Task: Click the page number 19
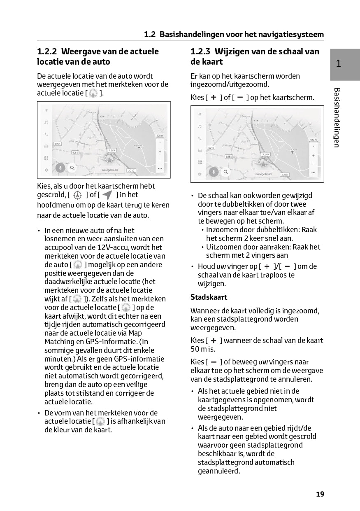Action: coord(320,494)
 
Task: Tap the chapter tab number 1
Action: coord(338,63)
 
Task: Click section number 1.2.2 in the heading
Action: coord(47,52)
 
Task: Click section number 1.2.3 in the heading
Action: coord(200,52)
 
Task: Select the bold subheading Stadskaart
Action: coord(209,297)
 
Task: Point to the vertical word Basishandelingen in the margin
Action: coord(337,117)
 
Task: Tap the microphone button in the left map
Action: coord(60,167)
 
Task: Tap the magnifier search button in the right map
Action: coord(225,172)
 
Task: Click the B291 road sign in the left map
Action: coord(58,144)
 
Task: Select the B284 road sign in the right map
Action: coord(229,156)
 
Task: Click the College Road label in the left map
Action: coord(109,170)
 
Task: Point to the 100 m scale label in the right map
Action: coord(313,140)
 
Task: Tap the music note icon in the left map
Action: coord(46,122)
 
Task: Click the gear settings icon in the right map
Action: coord(200,174)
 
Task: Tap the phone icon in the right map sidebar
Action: coord(200,138)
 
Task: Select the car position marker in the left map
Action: coord(110,158)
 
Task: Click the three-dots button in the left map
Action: coord(160,168)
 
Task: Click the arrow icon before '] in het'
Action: coord(107,195)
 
